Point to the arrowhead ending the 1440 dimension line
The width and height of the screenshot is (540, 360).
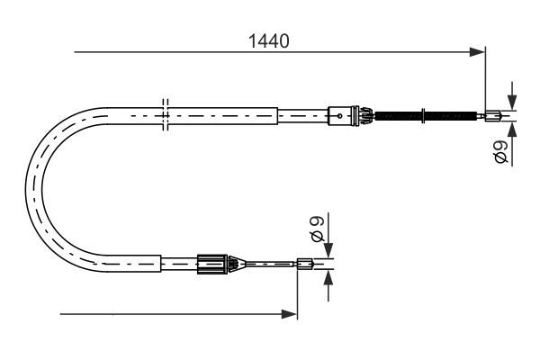[479, 53]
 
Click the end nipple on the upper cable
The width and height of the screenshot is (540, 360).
[494, 114]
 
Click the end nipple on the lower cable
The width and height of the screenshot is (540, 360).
[305, 264]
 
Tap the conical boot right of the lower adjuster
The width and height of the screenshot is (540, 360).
[233, 264]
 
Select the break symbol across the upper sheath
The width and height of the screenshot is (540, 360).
[163, 114]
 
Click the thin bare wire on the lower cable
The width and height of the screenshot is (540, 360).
[270, 264]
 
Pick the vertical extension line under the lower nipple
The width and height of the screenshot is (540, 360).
[297, 292]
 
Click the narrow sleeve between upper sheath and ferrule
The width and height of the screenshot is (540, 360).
[302, 114]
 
